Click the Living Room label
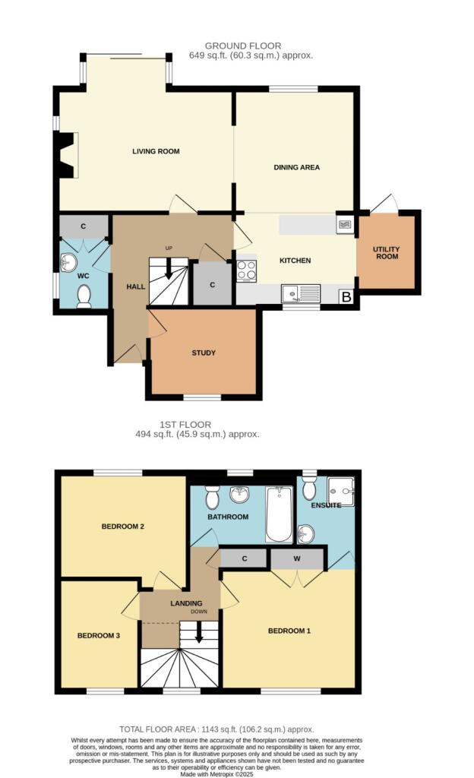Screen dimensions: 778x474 156,151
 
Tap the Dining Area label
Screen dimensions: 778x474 296,167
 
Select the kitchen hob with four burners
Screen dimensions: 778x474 247,270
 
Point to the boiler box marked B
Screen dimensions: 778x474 346,297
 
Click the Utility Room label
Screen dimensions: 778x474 386,252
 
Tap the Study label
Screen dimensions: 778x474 204,353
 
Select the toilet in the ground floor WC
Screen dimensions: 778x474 84,296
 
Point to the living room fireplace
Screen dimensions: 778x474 66,155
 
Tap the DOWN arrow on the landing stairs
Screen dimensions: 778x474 199,632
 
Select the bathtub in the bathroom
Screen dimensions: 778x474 278,514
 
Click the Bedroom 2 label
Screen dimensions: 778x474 122,526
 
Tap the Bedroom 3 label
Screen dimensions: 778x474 99,635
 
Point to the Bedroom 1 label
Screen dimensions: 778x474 289,631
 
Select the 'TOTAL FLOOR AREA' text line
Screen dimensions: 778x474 216,729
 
